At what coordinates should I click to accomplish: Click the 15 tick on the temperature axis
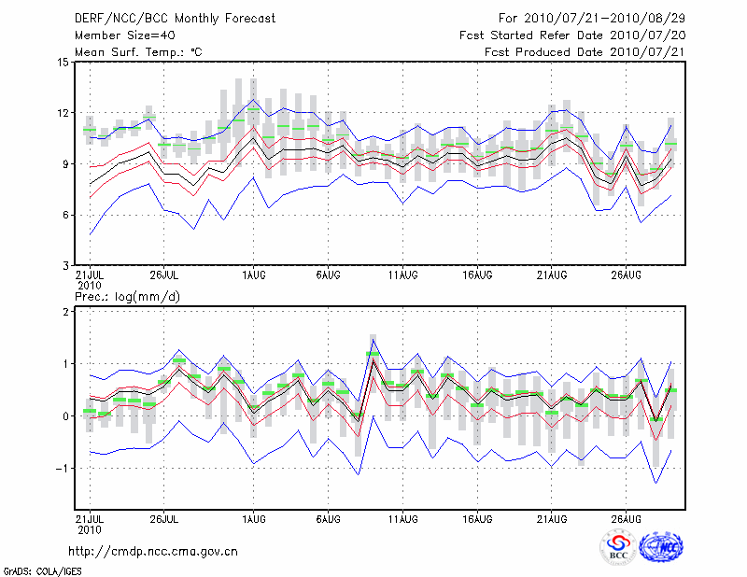[63, 63]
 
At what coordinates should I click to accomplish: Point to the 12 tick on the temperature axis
[63, 113]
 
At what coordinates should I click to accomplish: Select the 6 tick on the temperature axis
[65, 215]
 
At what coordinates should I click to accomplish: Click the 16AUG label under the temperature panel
[478, 275]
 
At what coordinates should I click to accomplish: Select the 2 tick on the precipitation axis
[65, 312]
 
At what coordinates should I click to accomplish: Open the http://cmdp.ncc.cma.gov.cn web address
[153, 552]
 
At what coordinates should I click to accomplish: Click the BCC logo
[618, 547]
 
